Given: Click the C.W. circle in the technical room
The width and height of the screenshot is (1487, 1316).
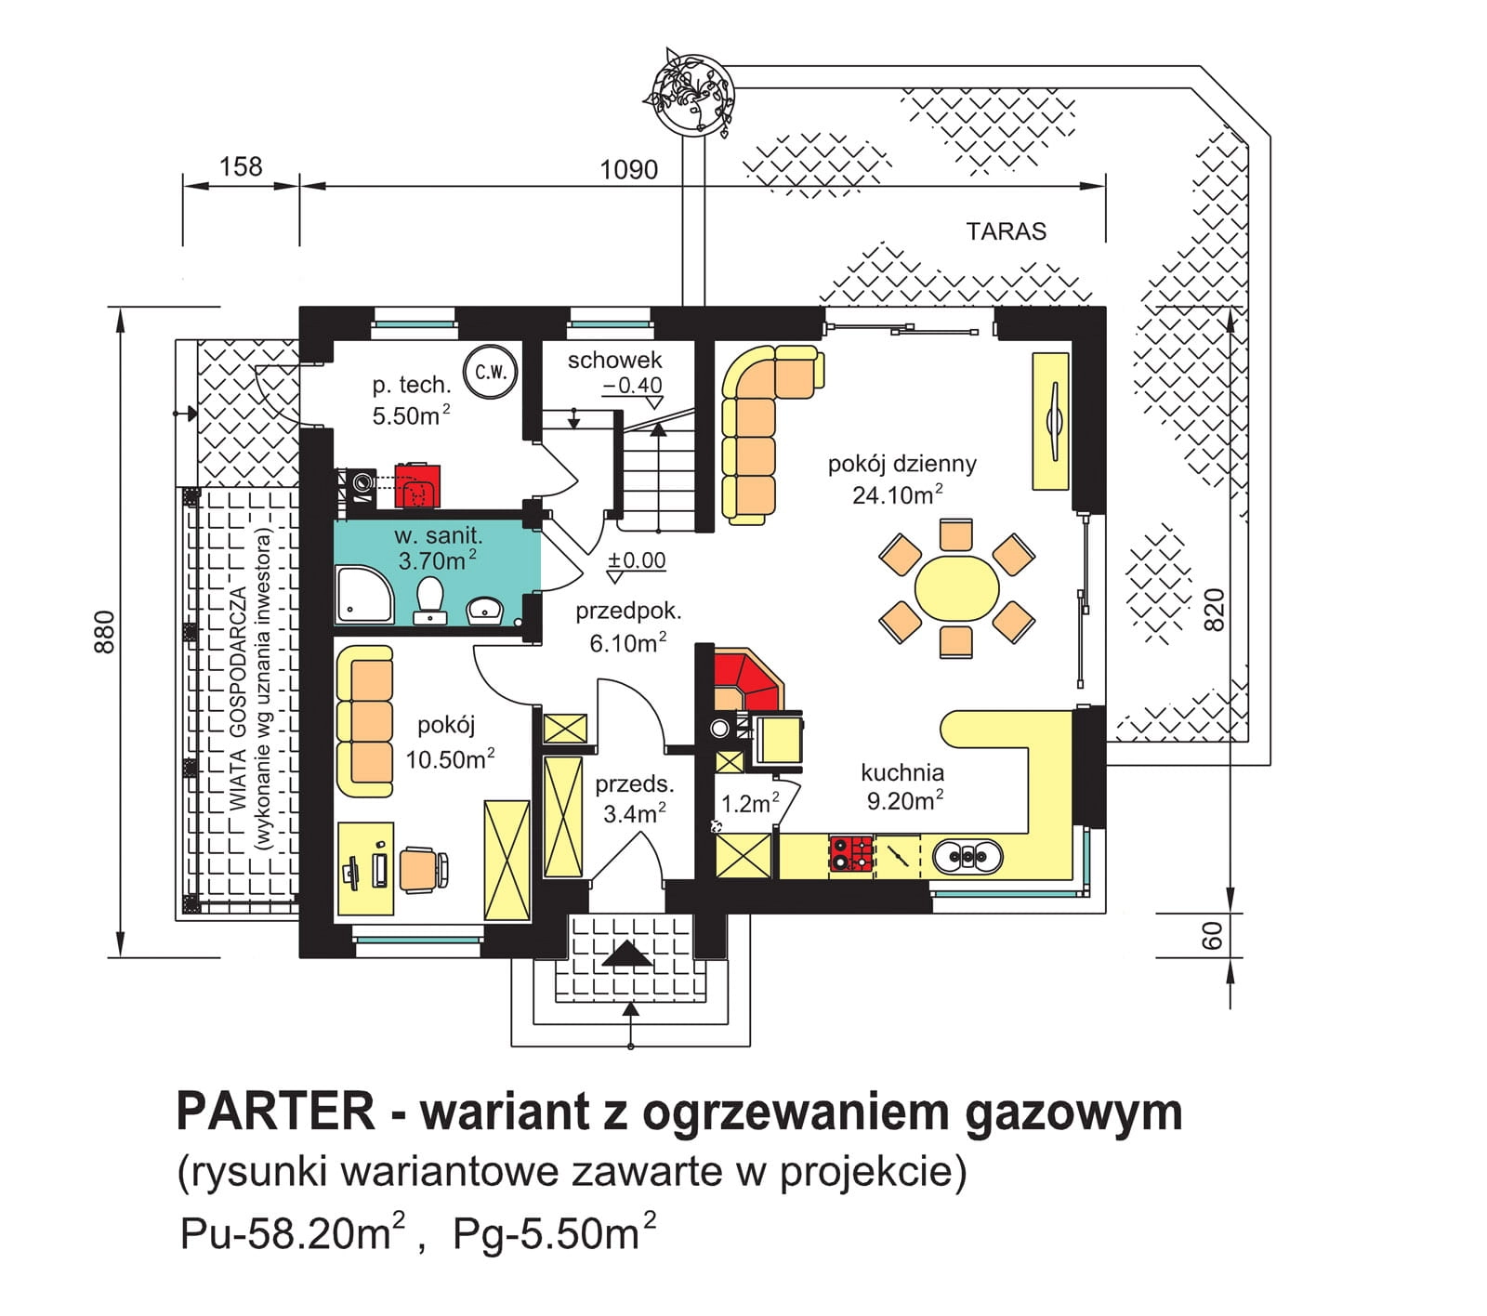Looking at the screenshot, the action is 490,372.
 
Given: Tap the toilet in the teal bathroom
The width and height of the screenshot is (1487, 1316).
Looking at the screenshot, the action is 429,600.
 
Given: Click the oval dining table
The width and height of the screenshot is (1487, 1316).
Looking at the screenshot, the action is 956,588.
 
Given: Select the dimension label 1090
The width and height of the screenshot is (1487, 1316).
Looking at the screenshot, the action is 628,170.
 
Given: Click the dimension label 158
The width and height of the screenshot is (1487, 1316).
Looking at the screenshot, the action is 241,167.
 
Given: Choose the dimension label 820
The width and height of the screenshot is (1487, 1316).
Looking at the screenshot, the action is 1215,610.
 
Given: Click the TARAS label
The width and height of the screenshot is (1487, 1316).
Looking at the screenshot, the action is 1006,231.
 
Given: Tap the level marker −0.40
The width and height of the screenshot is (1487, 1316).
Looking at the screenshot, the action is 633,385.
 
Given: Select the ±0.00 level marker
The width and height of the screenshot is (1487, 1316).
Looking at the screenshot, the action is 637,560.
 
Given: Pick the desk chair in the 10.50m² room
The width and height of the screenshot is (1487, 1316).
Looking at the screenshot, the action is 425,868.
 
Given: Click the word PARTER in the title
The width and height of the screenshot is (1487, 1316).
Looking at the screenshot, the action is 276,1111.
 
